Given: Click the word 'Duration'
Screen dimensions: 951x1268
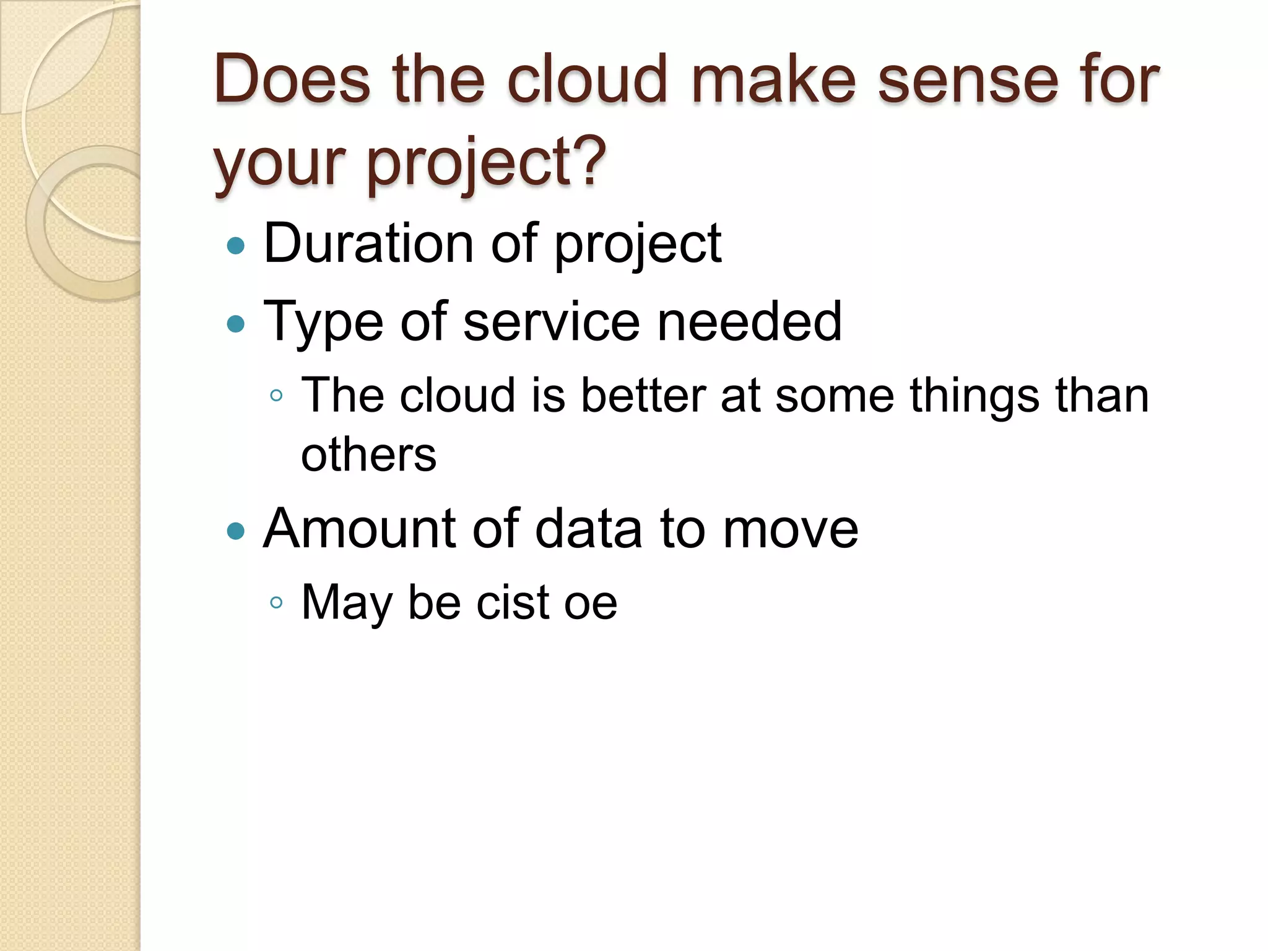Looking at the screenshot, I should [368, 243].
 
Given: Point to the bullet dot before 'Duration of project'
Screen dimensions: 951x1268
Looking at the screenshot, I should [236, 246].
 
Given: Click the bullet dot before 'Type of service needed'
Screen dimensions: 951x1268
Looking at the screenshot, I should [236, 324].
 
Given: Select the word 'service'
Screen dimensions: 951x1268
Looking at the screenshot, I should [550, 321].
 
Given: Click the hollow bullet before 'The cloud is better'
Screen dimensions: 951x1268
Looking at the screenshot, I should [277, 396].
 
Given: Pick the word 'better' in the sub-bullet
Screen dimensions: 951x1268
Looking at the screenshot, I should [643, 395].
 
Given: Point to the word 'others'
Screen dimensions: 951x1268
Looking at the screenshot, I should [368, 455].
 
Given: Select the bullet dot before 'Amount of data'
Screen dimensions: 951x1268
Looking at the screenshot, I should [236, 531].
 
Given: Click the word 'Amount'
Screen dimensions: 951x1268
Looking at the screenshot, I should [359, 529].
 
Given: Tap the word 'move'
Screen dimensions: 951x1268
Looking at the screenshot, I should [791, 530].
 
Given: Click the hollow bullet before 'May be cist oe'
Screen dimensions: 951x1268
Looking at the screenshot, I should [277, 602].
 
